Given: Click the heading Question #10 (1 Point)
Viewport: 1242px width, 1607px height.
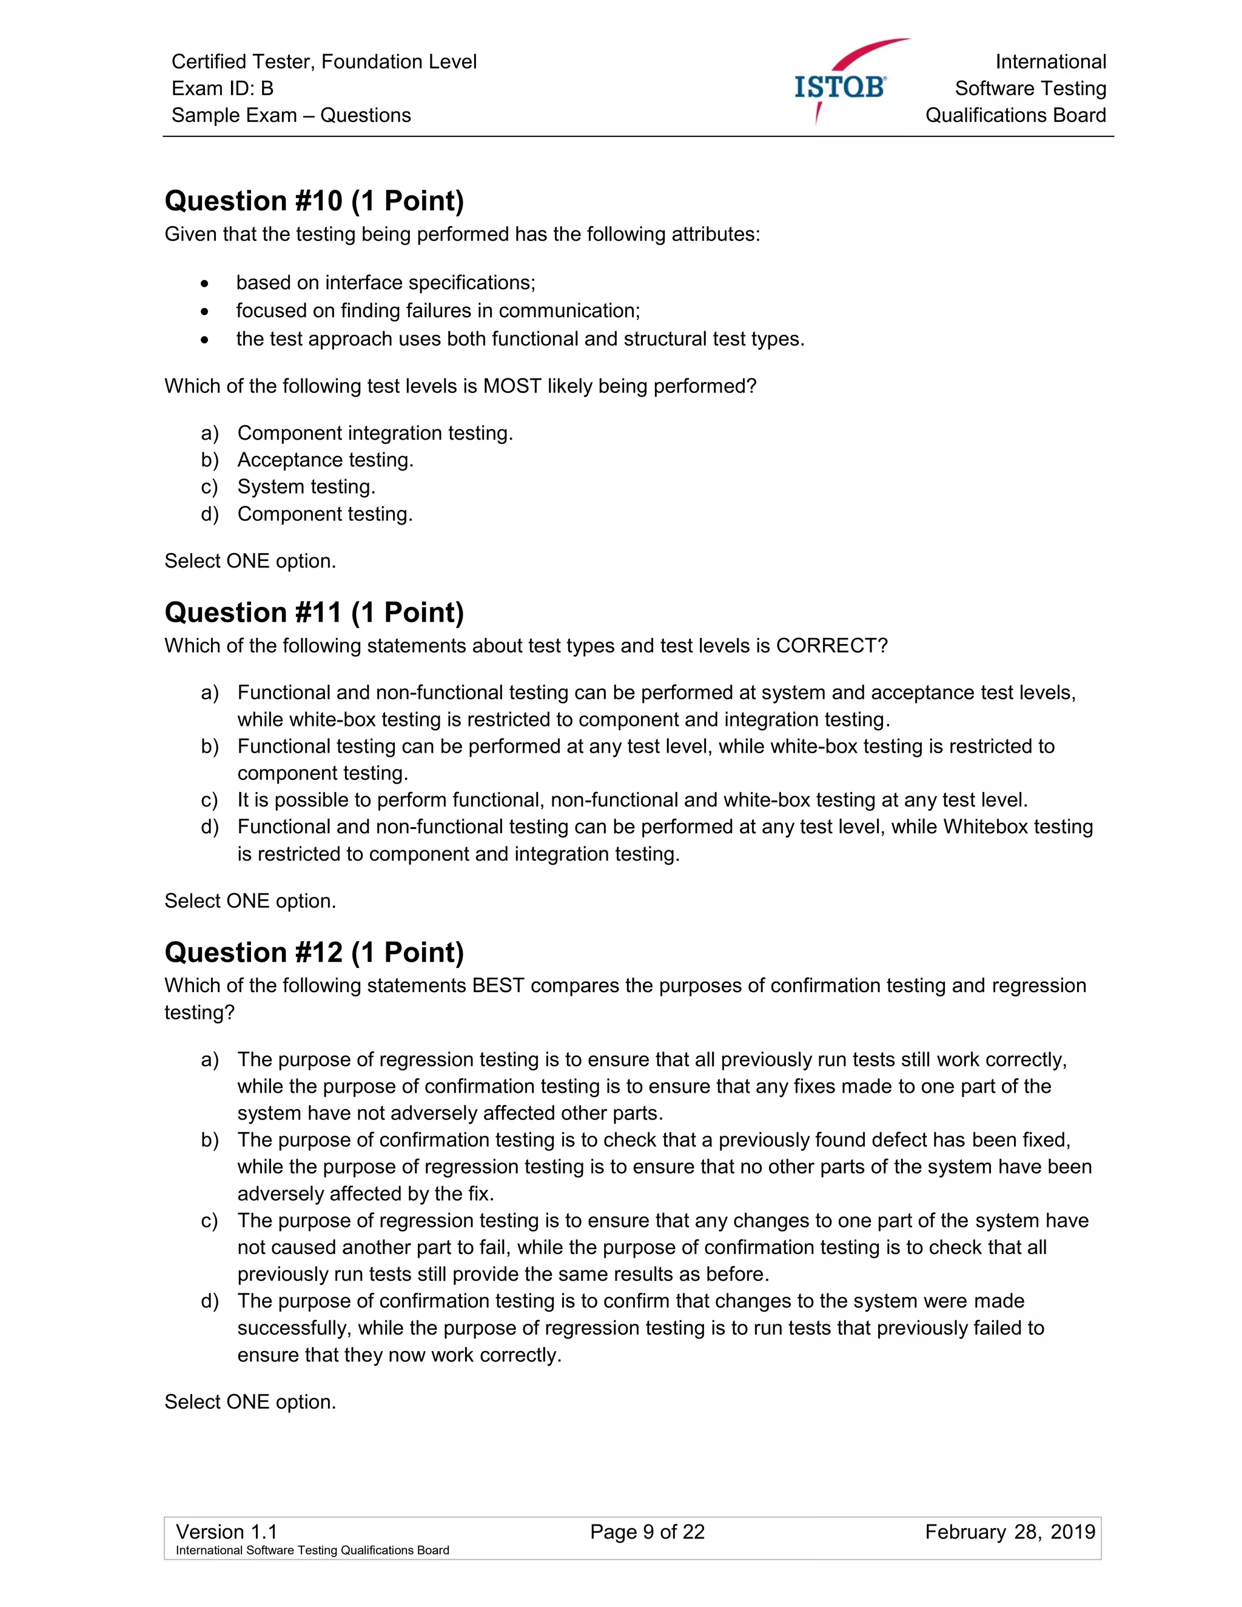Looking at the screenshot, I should pyautogui.click(x=314, y=201).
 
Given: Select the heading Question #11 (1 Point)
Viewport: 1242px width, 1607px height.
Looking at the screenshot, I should pyautogui.click(x=314, y=612).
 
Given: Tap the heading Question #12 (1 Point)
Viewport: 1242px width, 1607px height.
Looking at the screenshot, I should pyautogui.click(x=314, y=952).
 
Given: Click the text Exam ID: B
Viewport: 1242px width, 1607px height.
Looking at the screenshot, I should pyautogui.click(x=222, y=89).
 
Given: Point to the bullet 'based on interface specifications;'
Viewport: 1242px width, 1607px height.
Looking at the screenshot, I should pyautogui.click(x=386, y=283).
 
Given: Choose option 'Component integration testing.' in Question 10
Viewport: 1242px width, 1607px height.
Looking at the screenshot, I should pyautogui.click(x=375, y=432).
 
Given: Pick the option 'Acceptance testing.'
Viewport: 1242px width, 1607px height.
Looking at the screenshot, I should pyautogui.click(x=325, y=460).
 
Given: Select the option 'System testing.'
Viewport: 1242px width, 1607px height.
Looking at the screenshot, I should pyautogui.click(x=306, y=486).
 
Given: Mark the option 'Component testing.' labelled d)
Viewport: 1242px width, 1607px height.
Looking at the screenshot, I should pyautogui.click(x=324, y=514).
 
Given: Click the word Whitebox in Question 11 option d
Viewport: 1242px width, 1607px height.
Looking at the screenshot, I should pyautogui.click(x=985, y=827).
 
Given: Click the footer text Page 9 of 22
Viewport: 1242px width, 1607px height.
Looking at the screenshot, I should pyautogui.click(x=646, y=1532).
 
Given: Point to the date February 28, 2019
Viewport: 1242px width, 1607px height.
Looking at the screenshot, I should pyautogui.click(x=1010, y=1532).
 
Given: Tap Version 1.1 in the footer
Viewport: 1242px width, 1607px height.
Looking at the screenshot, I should pyautogui.click(x=227, y=1532).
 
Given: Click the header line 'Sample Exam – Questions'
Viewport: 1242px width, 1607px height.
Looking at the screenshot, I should pyautogui.click(x=290, y=115).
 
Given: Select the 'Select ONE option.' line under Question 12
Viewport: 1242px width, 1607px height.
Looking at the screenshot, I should pyautogui.click(x=250, y=1401).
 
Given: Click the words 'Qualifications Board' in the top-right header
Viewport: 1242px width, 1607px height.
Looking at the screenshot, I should pyautogui.click(x=1015, y=115).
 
